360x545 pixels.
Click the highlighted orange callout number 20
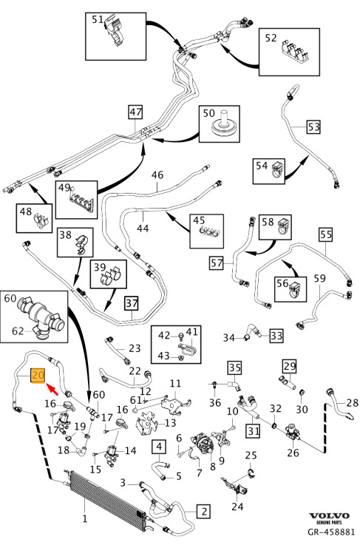[x=38, y=376]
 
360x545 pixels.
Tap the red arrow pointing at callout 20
[x=52, y=389]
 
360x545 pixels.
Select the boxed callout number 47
[x=135, y=112]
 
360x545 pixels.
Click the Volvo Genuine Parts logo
[x=329, y=518]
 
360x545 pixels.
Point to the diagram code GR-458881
[x=331, y=532]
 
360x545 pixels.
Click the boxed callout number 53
[x=313, y=127]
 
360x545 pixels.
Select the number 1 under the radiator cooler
[x=85, y=519]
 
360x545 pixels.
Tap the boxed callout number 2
[x=203, y=511]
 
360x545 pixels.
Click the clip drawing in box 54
[x=279, y=169]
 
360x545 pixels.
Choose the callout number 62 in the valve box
[x=18, y=331]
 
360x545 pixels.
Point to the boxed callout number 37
[x=132, y=304]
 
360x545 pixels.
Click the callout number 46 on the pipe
[x=157, y=175]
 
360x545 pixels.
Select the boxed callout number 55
[x=326, y=234]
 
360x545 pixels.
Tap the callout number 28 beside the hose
[x=352, y=403]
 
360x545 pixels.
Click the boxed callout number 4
[x=159, y=447]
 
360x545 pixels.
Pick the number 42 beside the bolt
[x=164, y=335]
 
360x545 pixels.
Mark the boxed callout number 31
[x=254, y=431]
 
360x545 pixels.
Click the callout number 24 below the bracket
[x=237, y=506]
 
